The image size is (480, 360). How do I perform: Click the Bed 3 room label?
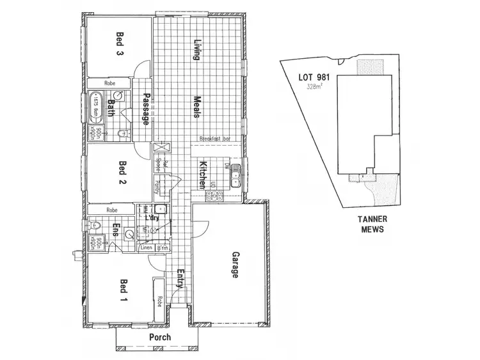point(120,44)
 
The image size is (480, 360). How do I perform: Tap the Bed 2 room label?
point(122,173)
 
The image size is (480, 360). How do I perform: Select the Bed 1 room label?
point(122,290)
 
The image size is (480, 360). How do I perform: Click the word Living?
point(198,50)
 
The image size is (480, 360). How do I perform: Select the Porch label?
point(159,337)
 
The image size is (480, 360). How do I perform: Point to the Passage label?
point(146,109)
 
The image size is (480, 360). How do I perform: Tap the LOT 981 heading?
point(315,78)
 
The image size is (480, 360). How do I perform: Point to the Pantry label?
point(156,187)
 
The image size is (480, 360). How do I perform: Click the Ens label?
point(116,230)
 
